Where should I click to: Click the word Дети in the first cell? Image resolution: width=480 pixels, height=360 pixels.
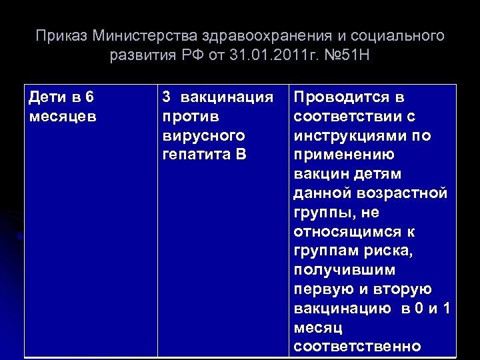pyautogui.click(x=47, y=97)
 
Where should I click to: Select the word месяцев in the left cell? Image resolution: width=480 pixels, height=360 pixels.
pyautogui.click(x=63, y=117)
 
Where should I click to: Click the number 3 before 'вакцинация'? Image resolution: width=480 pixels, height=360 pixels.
pyautogui.click(x=166, y=97)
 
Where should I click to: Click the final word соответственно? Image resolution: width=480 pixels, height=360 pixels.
pyautogui.click(x=357, y=347)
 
